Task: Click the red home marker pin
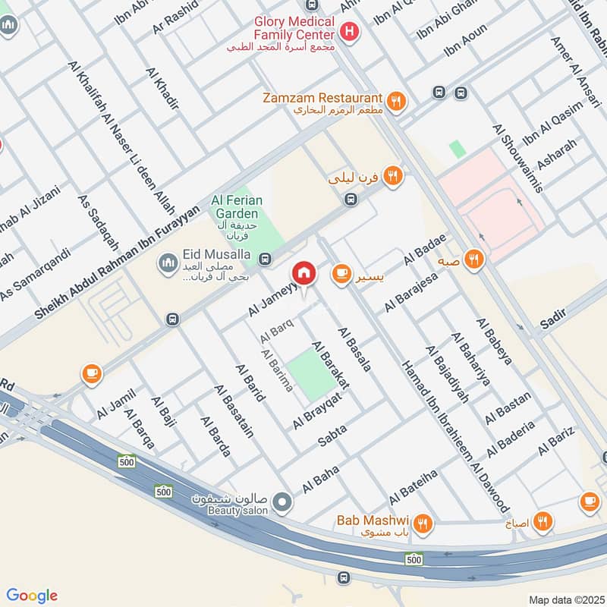click(304, 273)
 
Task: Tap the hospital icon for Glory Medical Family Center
click(349, 32)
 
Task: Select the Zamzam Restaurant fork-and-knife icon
click(395, 100)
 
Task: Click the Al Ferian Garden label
click(237, 206)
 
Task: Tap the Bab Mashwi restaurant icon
click(423, 523)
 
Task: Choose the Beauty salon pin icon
click(282, 502)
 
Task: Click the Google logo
click(32, 596)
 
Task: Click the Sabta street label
click(332, 435)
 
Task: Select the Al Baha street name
click(319, 481)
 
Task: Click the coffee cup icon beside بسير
click(341, 272)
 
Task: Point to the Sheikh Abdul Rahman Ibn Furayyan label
click(121, 261)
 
